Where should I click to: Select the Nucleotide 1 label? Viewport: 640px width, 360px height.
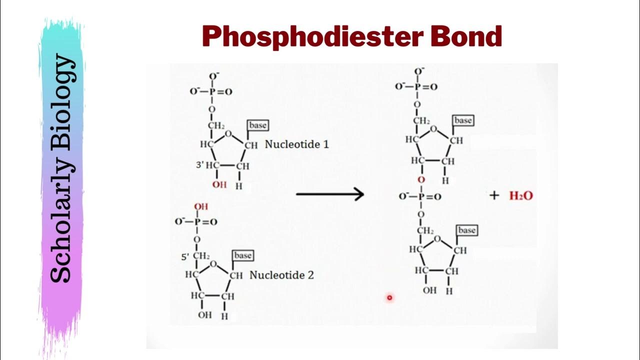pos(296,144)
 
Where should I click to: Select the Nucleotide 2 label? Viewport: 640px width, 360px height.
pos(281,275)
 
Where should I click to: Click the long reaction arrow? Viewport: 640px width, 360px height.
pos(330,194)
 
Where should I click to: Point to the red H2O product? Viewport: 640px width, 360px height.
pos(521,195)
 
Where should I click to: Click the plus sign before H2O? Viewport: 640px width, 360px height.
pos(494,195)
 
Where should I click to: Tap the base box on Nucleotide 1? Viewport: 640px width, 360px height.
pos(257,125)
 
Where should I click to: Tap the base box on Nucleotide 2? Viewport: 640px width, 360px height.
pos(242,255)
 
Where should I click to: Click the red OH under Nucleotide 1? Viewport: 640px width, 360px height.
pos(219,185)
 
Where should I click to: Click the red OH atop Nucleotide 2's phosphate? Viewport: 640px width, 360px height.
pos(200,206)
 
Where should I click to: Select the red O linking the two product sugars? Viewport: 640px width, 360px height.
pos(421,179)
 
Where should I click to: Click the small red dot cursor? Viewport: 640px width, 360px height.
pos(389,298)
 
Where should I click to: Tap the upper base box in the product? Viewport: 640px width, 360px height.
pos(462,120)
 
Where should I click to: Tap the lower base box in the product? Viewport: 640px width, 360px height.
pos(466,230)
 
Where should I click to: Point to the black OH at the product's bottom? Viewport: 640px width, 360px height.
pos(429,290)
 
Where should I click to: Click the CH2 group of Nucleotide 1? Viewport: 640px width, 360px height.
pos(216,125)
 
